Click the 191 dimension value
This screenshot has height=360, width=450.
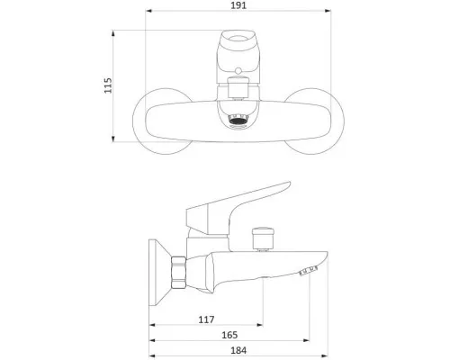[x=238, y=5]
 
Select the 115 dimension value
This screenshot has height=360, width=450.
[x=108, y=85]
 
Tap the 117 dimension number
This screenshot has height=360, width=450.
[x=206, y=319]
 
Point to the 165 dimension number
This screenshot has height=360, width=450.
[x=229, y=335]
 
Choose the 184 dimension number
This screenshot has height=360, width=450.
[x=238, y=350]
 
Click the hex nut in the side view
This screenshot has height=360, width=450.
[x=178, y=273]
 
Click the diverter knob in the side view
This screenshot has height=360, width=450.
[x=263, y=238]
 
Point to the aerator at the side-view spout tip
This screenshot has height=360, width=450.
[x=308, y=271]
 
